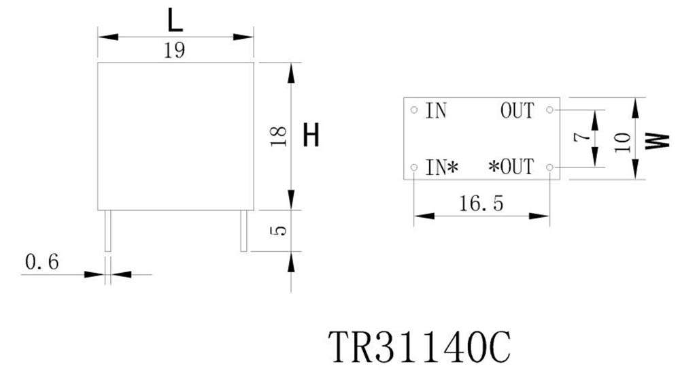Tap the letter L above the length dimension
(x=175, y=22)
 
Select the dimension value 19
(x=175, y=51)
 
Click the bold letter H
(x=311, y=136)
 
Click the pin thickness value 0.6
(x=42, y=261)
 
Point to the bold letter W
(x=654, y=140)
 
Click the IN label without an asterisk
(x=436, y=110)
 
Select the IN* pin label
(x=441, y=167)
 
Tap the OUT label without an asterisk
(x=517, y=110)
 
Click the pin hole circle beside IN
(x=414, y=109)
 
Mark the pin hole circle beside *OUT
(x=549, y=167)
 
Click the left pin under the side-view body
(x=107, y=231)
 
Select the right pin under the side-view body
(x=243, y=231)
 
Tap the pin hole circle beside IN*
(x=414, y=167)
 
